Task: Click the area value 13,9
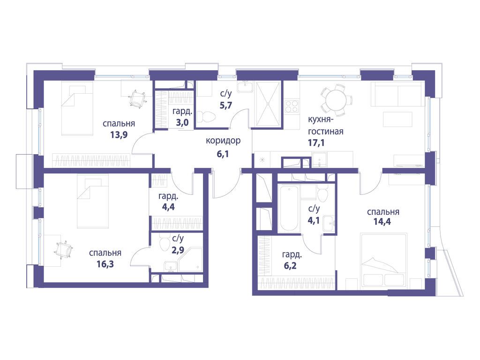[119, 135]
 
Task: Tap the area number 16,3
[105, 263]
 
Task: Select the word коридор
[223, 141]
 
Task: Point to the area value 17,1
[316, 142]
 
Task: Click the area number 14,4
[382, 221]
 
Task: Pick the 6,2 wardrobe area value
[290, 265]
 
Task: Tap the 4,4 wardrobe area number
[168, 207]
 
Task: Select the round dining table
[336, 100]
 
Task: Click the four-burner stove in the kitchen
[292, 106]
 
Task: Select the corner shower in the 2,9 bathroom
[190, 260]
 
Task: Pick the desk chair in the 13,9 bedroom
[136, 98]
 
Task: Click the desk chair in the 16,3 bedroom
[63, 249]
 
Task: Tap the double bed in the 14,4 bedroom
[384, 260]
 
